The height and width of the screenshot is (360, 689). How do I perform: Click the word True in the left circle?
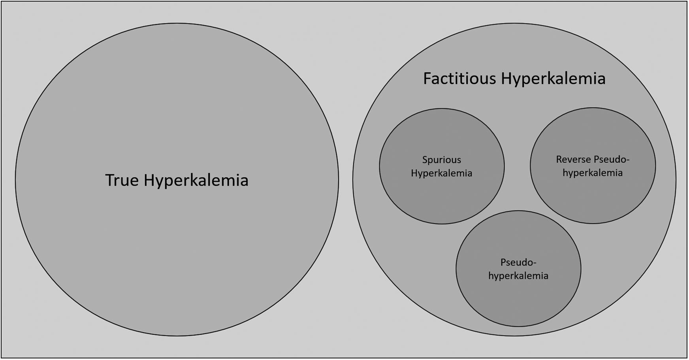click(122, 180)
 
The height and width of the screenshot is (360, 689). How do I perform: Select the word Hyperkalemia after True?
click(196, 180)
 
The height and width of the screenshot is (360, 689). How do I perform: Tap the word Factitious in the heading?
click(459, 78)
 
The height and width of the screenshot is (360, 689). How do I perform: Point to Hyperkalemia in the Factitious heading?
click(553, 79)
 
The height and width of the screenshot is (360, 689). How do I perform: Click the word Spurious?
click(441, 160)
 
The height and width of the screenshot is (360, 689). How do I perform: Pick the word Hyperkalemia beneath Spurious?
click(441, 173)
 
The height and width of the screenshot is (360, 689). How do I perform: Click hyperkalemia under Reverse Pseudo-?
click(593, 173)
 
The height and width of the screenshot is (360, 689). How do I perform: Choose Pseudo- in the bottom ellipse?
click(518, 262)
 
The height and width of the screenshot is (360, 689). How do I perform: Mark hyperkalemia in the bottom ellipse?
click(518, 276)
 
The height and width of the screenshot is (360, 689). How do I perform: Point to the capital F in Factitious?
click(427, 78)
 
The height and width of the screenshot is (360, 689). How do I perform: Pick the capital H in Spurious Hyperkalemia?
click(414, 173)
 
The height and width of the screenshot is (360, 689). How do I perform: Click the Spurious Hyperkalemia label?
click(441, 166)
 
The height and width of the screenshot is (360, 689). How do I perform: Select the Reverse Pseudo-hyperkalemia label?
click(593, 166)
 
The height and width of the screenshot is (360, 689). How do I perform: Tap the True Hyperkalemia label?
click(177, 180)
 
